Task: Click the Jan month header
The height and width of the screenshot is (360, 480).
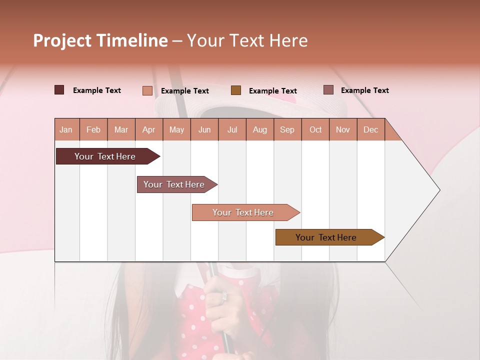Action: [66, 129]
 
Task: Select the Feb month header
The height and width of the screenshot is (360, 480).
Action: [93, 129]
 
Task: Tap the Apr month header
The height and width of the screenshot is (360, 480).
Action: [148, 129]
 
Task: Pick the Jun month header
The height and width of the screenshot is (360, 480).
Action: [204, 129]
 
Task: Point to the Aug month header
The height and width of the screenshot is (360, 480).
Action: [259, 129]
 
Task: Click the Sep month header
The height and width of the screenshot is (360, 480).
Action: [287, 129]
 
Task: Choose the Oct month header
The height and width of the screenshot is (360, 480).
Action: [315, 129]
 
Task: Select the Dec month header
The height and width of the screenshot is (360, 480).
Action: [370, 129]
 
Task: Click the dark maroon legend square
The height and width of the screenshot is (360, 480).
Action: [59, 90]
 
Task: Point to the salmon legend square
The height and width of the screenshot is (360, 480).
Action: [147, 90]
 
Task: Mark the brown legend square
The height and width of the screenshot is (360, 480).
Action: [236, 90]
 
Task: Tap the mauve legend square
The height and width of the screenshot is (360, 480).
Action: [328, 90]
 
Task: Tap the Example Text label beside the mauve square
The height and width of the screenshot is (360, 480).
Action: [364, 90]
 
